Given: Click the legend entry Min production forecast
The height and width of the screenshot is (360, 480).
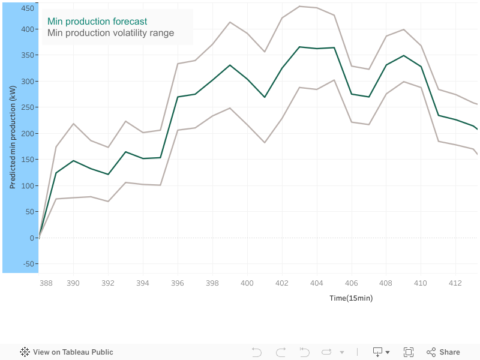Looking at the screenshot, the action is click(97, 22).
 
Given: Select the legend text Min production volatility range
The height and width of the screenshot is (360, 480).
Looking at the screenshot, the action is click(110, 33).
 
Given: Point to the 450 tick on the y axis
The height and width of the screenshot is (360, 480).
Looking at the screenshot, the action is click(27, 8).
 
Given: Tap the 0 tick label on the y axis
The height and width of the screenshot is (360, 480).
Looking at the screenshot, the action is click(32, 238).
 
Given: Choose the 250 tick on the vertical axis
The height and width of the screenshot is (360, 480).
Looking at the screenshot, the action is click(27, 107).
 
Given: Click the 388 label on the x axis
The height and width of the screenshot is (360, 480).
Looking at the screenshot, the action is click(46, 283).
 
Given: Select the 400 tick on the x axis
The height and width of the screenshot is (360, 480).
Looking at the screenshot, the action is click(247, 283).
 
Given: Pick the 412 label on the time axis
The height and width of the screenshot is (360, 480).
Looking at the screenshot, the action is click(455, 283).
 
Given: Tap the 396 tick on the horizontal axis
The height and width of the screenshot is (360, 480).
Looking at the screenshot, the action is click(178, 283).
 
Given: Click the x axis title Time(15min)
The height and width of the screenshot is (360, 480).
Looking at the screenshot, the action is click(351, 298).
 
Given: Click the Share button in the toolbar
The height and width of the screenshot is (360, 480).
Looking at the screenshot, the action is click(443, 352).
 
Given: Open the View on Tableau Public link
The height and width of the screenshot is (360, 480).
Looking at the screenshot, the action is click(67, 352).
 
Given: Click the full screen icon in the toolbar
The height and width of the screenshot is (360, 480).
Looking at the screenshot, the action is click(409, 352).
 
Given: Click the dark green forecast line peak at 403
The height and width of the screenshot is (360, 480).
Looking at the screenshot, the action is click(299, 47).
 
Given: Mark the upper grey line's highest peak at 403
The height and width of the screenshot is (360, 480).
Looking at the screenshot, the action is click(299, 6).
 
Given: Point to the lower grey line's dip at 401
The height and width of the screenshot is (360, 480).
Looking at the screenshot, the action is click(265, 143).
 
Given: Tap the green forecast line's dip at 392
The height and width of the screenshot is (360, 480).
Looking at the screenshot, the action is click(108, 175).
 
